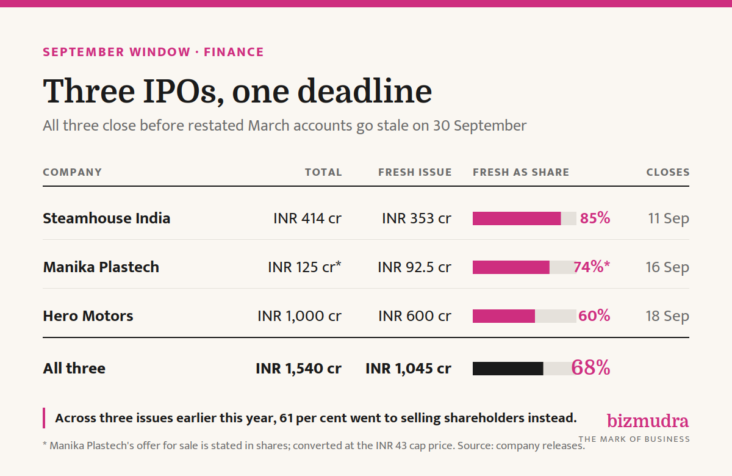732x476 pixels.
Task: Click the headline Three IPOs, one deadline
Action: pyautogui.click(x=237, y=92)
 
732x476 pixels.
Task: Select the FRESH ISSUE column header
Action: pyautogui.click(x=415, y=172)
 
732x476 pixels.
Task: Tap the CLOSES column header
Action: pyautogui.click(x=668, y=172)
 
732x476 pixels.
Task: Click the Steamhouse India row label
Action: pyautogui.click(x=107, y=218)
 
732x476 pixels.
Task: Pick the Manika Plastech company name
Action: pyautogui.click(x=101, y=267)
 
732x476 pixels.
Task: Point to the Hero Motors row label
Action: pyautogui.click(x=88, y=316)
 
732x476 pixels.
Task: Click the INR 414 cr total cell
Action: pyautogui.click(x=307, y=218)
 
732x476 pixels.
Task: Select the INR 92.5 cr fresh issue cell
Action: pyautogui.click(x=415, y=267)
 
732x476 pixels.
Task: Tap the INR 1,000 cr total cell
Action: pyautogui.click(x=300, y=316)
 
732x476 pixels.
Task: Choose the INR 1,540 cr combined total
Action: pyautogui.click(x=299, y=369)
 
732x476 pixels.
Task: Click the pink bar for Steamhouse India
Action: pyautogui.click(x=517, y=218)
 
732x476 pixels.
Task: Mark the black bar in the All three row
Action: pyautogui.click(x=508, y=369)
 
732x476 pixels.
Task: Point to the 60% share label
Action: pyautogui.click(x=594, y=316)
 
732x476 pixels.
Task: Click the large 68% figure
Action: pyautogui.click(x=590, y=367)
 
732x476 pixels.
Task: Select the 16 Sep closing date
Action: pyautogui.click(x=667, y=267)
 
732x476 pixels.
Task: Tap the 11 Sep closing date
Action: pyautogui.click(x=669, y=218)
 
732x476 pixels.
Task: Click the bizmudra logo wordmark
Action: pyautogui.click(x=648, y=420)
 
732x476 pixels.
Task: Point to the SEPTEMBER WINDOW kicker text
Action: pyautogui.click(x=117, y=52)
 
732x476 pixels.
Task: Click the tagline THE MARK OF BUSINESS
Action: pyautogui.click(x=634, y=439)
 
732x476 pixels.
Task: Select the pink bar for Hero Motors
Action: pyautogui.click(x=504, y=316)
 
